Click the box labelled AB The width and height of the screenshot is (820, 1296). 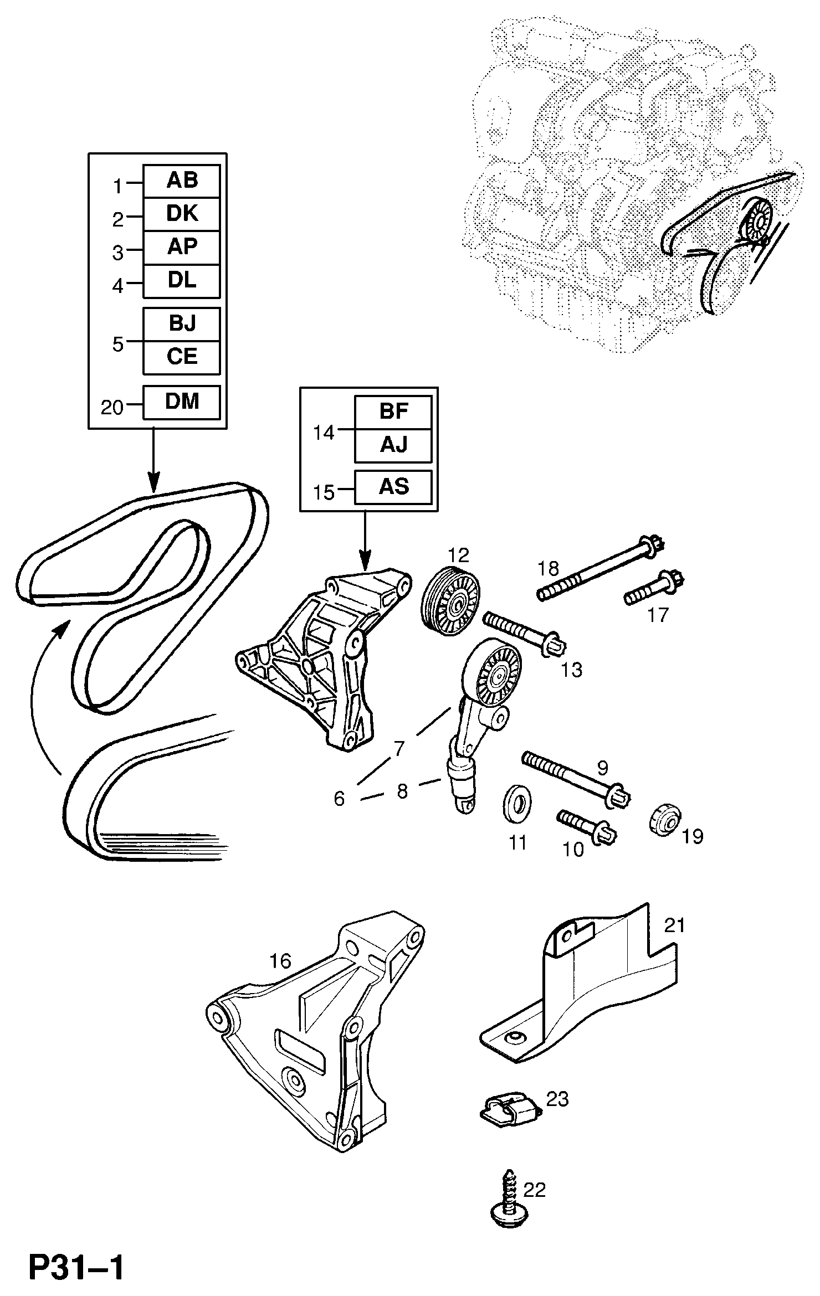coord(182,181)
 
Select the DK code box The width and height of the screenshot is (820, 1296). coord(182,214)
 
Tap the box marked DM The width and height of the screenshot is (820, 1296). coord(182,402)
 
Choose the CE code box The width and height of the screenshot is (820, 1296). coord(182,358)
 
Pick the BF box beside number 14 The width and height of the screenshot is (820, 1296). coord(393,413)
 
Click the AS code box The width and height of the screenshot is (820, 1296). coord(393,487)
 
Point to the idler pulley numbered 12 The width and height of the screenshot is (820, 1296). coord(452,602)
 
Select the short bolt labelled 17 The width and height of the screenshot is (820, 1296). coord(655,589)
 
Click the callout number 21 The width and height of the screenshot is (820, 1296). coord(674,925)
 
